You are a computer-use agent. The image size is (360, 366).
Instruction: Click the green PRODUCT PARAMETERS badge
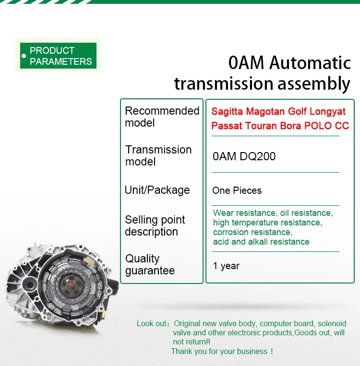pyautogui.click(x=58, y=56)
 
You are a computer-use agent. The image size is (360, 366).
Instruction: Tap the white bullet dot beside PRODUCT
pyautogui.click(x=24, y=56)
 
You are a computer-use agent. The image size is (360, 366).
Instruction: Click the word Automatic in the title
pyautogui.click(x=310, y=63)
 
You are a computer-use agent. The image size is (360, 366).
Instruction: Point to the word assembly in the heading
pyautogui.click(x=314, y=84)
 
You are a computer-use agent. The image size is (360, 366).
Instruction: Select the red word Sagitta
pyautogui.click(x=227, y=111)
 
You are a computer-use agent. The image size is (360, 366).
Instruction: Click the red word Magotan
pyautogui.click(x=265, y=111)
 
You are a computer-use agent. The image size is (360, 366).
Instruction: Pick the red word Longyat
pyautogui.click(x=327, y=112)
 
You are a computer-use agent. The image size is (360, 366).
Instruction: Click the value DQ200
pyautogui.click(x=258, y=156)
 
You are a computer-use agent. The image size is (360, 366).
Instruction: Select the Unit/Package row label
pyautogui.click(x=157, y=190)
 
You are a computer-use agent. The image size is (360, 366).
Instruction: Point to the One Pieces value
pyautogui.click(x=237, y=190)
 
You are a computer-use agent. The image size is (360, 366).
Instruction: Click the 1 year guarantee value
pyautogui.click(x=226, y=266)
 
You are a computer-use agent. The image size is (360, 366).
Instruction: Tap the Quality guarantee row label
pyautogui.click(x=150, y=264)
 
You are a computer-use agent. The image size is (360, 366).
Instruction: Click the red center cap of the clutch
pyautogui.click(x=72, y=285)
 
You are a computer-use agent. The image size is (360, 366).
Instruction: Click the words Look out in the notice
pyautogui.click(x=152, y=323)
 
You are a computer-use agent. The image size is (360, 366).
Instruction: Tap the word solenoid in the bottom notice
pyautogui.click(x=332, y=323)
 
